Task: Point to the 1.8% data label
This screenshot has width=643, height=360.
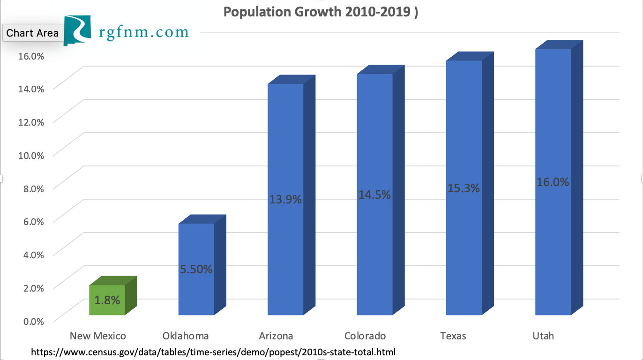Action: click(107, 300)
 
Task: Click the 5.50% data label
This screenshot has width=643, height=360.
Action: click(196, 270)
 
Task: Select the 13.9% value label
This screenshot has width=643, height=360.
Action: click(285, 200)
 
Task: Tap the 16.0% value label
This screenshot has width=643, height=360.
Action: click(553, 182)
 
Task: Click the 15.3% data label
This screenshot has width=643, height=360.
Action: click(464, 188)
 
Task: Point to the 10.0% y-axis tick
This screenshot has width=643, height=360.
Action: click(31, 155)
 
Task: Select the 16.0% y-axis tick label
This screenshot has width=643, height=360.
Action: click(31, 56)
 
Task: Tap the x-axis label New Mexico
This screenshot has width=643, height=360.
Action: click(98, 336)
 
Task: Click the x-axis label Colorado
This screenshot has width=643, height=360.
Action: click(365, 336)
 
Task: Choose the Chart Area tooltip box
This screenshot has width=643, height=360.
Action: click(33, 33)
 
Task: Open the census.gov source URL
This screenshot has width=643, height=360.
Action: click(213, 352)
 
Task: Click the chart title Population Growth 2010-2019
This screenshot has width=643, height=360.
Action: click(321, 12)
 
